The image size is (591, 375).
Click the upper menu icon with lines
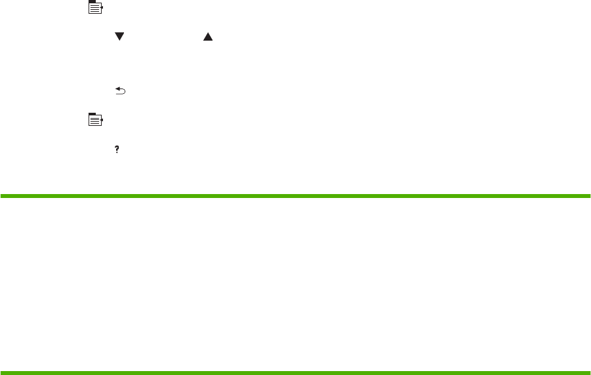point(96,9)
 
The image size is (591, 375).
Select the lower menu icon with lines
point(96,119)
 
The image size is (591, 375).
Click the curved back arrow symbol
point(120,93)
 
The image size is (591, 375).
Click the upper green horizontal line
point(295,195)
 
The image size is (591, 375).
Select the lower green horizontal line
point(295,374)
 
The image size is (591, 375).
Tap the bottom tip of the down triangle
point(119,42)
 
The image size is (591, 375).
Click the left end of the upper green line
point(1,195)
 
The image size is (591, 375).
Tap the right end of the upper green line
point(589,195)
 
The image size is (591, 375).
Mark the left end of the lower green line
point(1,374)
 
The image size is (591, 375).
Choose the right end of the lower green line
point(589,374)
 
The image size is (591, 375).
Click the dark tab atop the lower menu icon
point(92,114)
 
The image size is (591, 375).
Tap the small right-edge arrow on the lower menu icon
point(103,121)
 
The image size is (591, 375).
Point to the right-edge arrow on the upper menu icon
point(103,10)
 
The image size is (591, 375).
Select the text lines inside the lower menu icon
point(96,121)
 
